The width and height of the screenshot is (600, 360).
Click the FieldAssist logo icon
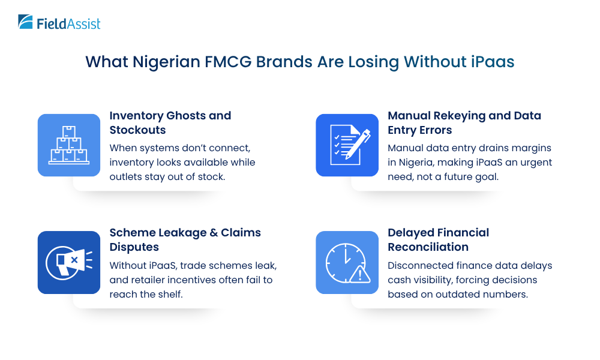26,22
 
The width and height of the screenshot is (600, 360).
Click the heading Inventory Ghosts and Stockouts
170,122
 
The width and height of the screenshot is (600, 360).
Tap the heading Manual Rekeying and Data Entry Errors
464,122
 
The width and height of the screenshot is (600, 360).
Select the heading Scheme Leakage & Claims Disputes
185,239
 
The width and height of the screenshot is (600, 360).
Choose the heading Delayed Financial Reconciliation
438,239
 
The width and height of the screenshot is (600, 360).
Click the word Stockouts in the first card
137,130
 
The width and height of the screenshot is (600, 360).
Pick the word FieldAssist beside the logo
68,24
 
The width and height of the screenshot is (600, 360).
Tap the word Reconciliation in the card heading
428,247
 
